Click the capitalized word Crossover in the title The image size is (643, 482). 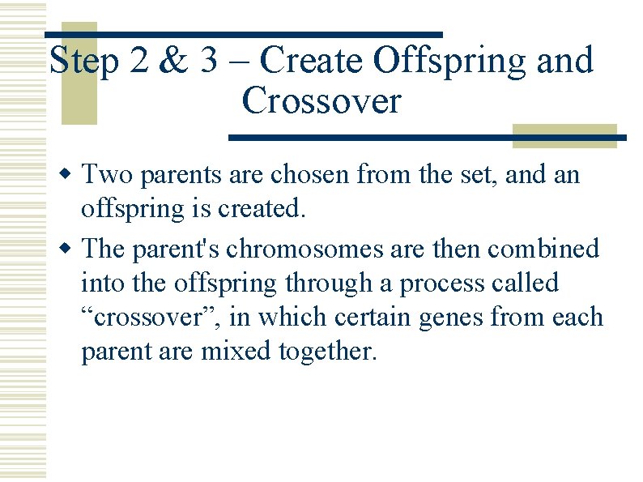click(x=321, y=102)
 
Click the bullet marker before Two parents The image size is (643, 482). click(x=70, y=174)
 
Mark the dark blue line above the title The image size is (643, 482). click(x=243, y=35)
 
